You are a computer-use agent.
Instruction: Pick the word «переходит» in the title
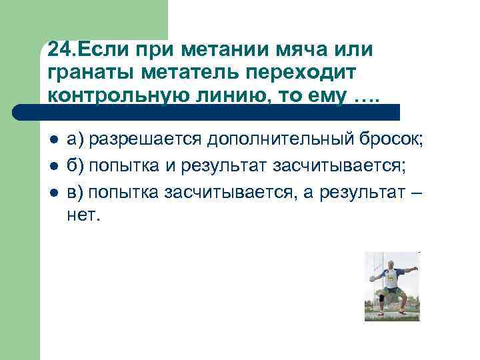click(x=303, y=73)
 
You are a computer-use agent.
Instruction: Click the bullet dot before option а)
click(x=53, y=139)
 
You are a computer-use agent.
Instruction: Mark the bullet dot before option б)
click(x=53, y=166)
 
